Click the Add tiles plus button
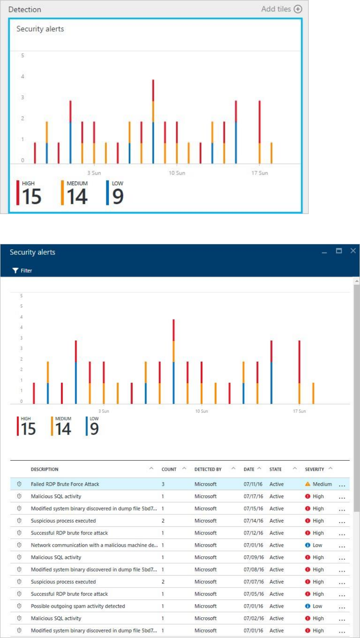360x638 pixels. [x=298, y=9]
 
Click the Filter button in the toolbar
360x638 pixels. [x=22, y=270]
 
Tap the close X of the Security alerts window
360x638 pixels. [x=353, y=251]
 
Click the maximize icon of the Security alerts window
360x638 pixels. [x=339, y=251]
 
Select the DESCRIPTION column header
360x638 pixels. [x=44, y=469]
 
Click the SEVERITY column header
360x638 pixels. [x=315, y=469]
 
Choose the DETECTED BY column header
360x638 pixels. [x=208, y=469]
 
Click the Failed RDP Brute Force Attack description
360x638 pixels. [x=65, y=484]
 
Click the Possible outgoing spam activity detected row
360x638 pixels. [x=78, y=606]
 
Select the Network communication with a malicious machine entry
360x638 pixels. [x=94, y=545]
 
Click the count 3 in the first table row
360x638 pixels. [x=163, y=484]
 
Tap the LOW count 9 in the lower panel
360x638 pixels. [x=94, y=429]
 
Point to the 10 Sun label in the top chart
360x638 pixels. [x=177, y=173]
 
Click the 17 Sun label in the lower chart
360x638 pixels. [x=300, y=411]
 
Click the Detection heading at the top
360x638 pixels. [x=25, y=9]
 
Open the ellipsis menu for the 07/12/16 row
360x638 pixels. [x=342, y=533]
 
